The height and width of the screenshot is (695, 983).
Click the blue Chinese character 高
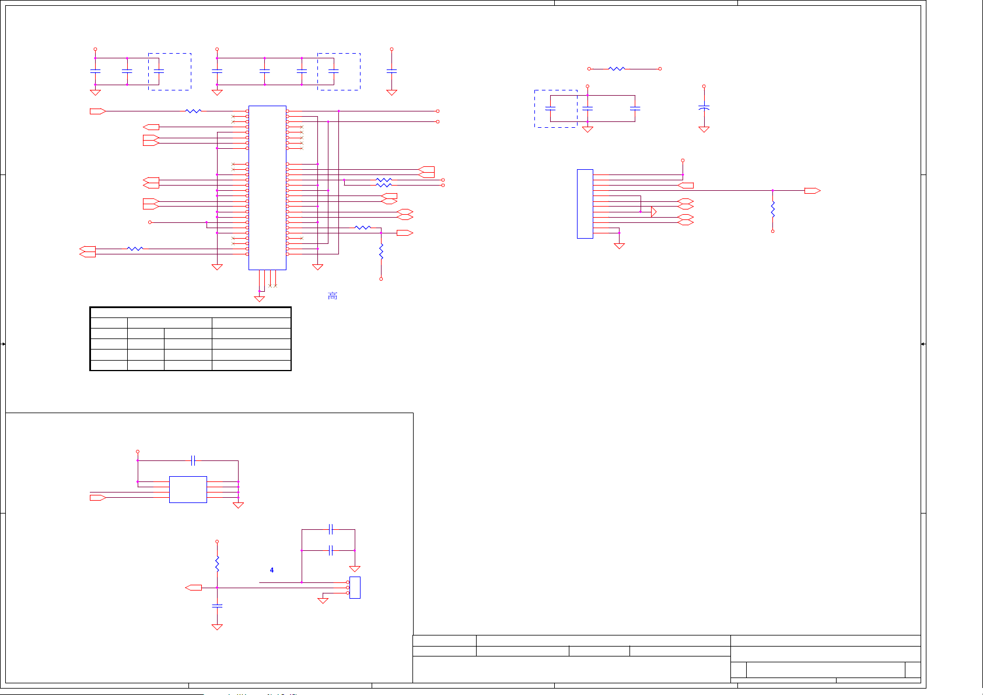coord(333,296)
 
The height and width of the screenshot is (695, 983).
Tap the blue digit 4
coord(272,570)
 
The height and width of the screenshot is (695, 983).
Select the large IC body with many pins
coord(267,187)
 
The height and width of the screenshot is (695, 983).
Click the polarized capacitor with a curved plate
coord(704,108)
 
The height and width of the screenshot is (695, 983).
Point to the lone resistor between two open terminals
coord(617,69)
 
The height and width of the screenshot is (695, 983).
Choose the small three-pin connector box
coord(355,587)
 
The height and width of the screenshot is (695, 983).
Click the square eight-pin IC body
coord(188,489)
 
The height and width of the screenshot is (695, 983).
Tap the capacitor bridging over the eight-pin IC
coord(193,460)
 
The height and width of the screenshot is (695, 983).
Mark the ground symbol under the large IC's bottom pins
coord(260,299)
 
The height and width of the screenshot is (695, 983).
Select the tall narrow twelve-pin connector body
coord(585,204)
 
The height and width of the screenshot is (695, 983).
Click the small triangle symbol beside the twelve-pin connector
coord(653,212)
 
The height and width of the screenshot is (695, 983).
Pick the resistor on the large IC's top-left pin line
coord(193,111)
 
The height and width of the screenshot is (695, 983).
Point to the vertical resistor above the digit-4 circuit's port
coord(217,564)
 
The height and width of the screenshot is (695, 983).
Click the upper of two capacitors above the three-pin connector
coord(331,529)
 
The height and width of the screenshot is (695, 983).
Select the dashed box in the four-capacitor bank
coord(338,72)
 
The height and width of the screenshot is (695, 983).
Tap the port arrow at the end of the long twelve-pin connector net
coord(812,191)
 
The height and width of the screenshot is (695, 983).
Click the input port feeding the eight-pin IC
coord(97,497)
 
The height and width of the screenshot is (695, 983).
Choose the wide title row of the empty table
coord(190,312)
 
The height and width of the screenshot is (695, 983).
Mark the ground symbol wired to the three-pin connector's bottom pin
coord(323,600)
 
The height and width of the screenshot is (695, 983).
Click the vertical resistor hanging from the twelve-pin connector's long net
coord(772,209)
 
